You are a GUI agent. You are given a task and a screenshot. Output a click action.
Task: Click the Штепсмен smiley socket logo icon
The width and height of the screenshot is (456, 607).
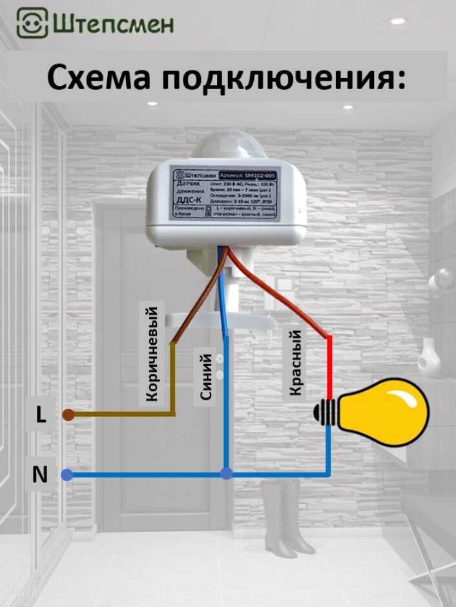click(31, 23)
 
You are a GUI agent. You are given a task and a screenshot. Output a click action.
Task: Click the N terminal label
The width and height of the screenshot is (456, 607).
click(40, 475)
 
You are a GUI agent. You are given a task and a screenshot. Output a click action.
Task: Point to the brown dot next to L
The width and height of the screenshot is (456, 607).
click(68, 415)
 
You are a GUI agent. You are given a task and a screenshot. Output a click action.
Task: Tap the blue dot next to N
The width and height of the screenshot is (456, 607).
click(67, 475)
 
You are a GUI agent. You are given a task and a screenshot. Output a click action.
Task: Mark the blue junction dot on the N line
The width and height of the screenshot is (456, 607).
click(226, 473)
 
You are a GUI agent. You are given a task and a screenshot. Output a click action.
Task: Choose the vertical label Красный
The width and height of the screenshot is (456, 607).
click(295, 362)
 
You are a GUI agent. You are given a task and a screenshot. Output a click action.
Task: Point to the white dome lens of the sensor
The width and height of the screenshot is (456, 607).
click(226, 148)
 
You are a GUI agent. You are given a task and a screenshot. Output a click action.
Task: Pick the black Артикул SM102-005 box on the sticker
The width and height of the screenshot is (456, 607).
click(249, 175)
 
